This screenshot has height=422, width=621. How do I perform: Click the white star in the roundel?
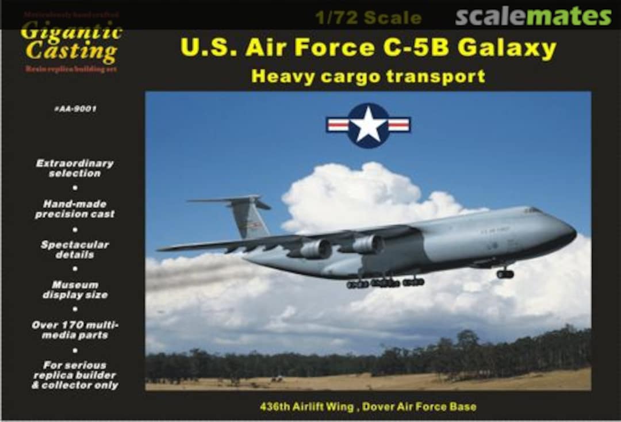click(x=368, y=125)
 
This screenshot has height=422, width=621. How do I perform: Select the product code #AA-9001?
click(x=75, y=109)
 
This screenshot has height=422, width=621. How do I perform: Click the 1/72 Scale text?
click(x=368, y=18)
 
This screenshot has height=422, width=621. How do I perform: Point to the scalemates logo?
click(x=533, y=17)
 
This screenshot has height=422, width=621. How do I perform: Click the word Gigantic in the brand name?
click(x=71, y=32)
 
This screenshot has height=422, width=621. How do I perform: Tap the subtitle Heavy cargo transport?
click(x=368, y=76)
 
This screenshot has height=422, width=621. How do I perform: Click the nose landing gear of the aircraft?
click(x=505, y=273)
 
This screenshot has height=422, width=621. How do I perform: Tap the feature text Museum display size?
click(x=75, y=290)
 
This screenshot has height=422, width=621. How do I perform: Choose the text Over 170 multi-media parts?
click(x=75, y=330)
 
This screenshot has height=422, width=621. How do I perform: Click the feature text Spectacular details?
click(x=75, y=250)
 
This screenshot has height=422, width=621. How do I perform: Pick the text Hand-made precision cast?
click(x=75, y=209)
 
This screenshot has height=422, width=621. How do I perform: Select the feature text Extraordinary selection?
click(x=75, y=168)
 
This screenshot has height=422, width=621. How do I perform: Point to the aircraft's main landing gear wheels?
click(x=385, y=282)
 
